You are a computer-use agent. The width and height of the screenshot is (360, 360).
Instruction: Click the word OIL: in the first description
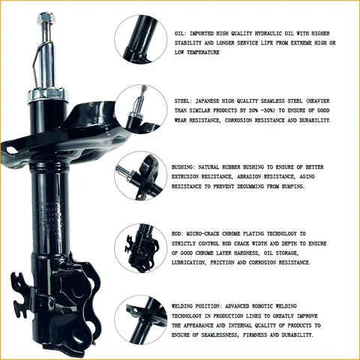pyautogui.click(x=180, y=34)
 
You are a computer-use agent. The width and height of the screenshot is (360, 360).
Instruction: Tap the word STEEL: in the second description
pyautogui.click(x=184, y=100)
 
